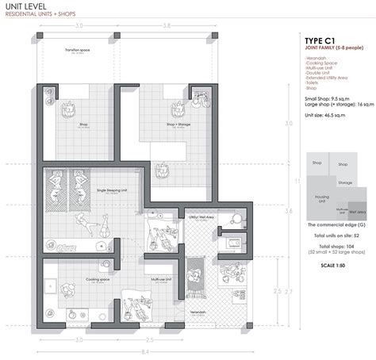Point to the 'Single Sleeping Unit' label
coord(112,191)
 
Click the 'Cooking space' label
coord(81,280)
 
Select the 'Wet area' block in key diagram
coord(356,212)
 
